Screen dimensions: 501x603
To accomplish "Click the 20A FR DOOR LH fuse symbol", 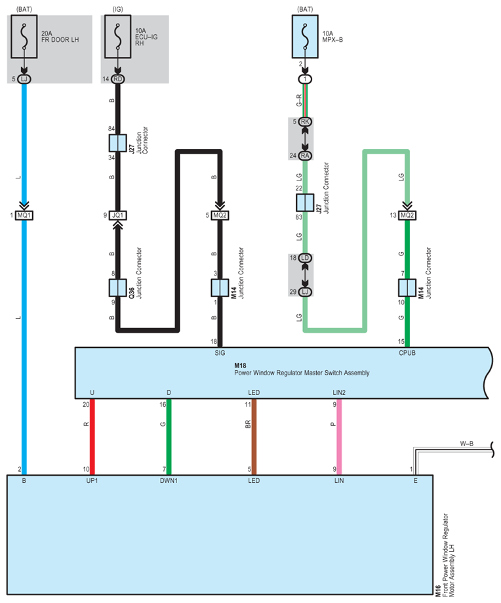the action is click(x=24, y=37).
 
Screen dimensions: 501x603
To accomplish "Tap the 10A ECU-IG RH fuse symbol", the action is click(x=117, y=37).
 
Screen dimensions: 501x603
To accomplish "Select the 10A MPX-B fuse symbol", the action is click(x=305, y=37).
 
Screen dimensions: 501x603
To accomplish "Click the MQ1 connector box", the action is click(x=24, y=215).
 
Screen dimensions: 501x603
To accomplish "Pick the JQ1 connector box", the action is click(x=117, y=215).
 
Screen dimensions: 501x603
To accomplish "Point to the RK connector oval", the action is click(x=305, y=122).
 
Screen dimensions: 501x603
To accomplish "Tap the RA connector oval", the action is click(x=305, y=156).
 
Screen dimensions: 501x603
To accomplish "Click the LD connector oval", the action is click(x=305, y=258).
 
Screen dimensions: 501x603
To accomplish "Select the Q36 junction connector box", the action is click(x=117, y=287).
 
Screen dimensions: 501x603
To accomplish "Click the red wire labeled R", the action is click(x=92, y=437).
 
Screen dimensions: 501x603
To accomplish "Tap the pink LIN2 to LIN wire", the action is click(x=339, y=437).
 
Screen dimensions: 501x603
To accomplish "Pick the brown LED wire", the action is click(x=254, y=437).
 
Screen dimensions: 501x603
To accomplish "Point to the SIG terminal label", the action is click(x=220, y=353).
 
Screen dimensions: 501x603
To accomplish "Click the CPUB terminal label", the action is click(x=407, y=353).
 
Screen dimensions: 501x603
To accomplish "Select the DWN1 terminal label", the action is click(x=169, y=481).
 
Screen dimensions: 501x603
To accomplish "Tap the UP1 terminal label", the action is click(x=92, y=481).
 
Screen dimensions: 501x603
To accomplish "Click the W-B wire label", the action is click(x=467, y=444).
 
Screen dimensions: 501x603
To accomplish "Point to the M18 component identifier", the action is click(x=240, y=365).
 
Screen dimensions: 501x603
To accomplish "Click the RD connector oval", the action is click(x=117, y=79).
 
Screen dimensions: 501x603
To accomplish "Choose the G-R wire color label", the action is click(x=299, y=100).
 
